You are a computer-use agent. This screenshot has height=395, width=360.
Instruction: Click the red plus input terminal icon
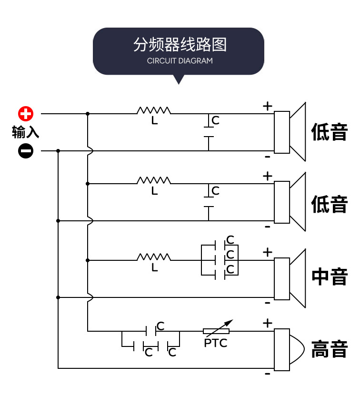(26, 114)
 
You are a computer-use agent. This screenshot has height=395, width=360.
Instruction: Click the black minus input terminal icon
(26, 151)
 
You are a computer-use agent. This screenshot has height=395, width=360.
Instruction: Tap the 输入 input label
(26, 132)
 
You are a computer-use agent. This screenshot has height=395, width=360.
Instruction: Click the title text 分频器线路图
(180, 45)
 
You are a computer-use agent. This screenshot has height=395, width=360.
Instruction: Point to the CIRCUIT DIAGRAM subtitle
(180, 61)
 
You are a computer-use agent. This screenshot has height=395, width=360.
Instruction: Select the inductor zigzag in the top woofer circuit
(154, 111)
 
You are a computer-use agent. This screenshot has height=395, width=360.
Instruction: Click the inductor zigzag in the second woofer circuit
(154, 180)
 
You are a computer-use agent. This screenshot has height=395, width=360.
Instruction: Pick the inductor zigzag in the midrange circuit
(154, 257)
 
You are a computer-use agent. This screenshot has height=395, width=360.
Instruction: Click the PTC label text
(216, 343)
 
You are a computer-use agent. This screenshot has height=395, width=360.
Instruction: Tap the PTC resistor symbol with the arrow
(216, 330)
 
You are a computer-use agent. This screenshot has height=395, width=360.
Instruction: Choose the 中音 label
(330, 277)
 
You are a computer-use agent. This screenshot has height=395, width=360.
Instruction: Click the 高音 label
(330, 350)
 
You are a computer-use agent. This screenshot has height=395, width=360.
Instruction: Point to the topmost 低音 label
(330, 132)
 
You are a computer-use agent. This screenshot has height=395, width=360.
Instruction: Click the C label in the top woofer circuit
(216, 120)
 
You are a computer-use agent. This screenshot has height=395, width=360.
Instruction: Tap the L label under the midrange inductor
(154, 268)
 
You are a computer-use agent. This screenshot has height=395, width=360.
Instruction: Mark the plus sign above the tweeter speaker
(268, 324)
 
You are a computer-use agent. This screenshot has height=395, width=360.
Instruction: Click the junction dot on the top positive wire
(88, 114)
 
